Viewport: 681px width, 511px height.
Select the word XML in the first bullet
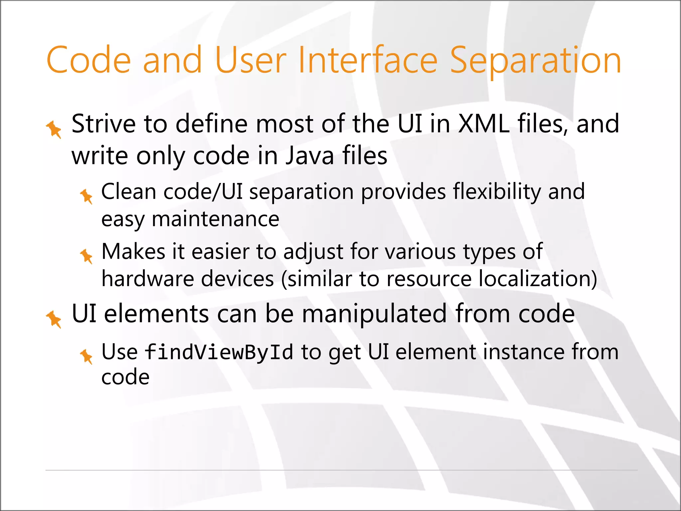(483, 124)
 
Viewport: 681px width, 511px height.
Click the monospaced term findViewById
(219, 352)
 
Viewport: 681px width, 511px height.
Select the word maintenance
(215, 219)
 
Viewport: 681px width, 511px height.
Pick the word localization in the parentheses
(534, 278)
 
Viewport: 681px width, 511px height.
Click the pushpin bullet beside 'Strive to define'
(54, 129)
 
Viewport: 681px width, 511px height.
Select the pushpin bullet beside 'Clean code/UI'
(86, 196)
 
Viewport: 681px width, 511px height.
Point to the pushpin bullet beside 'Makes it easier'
(86, 256)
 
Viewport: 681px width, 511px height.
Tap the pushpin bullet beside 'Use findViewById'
(86, 356)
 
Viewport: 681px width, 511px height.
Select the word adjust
(313, 252)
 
